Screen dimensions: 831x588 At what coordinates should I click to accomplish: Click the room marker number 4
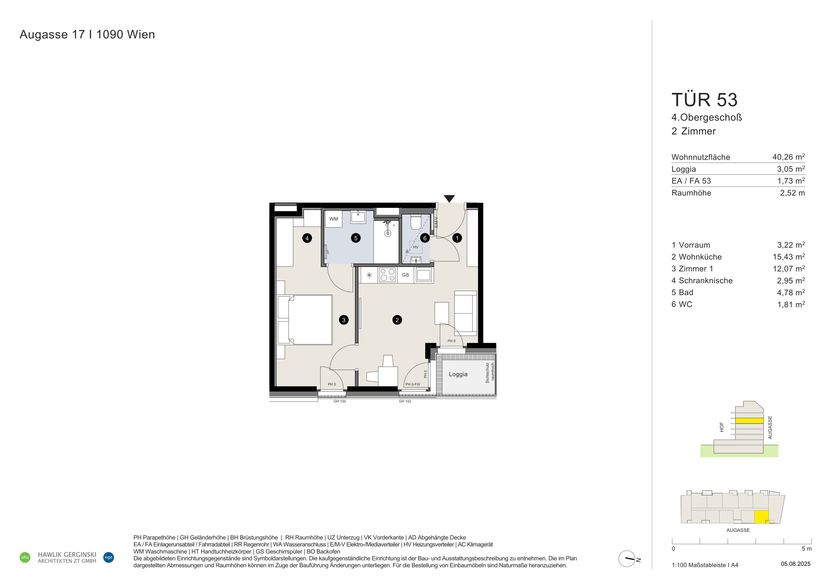[307, 238]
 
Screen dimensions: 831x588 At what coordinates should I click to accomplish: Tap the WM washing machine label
[334, 219]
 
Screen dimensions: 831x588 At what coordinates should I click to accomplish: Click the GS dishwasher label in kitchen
[405, 275]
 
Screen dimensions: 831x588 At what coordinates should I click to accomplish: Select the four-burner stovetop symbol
[387, 275]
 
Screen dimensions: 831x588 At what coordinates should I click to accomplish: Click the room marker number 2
[397, 320]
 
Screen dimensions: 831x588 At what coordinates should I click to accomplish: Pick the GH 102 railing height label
[405, 401]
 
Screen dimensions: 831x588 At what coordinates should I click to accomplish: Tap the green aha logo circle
[25, 557]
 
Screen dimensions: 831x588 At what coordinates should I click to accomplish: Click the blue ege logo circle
[109, 557]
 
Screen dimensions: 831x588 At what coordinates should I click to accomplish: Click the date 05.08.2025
[796, 564]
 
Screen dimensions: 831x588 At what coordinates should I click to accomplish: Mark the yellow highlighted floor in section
[749, 421]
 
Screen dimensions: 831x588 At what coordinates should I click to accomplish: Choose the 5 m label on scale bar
[806, 549]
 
